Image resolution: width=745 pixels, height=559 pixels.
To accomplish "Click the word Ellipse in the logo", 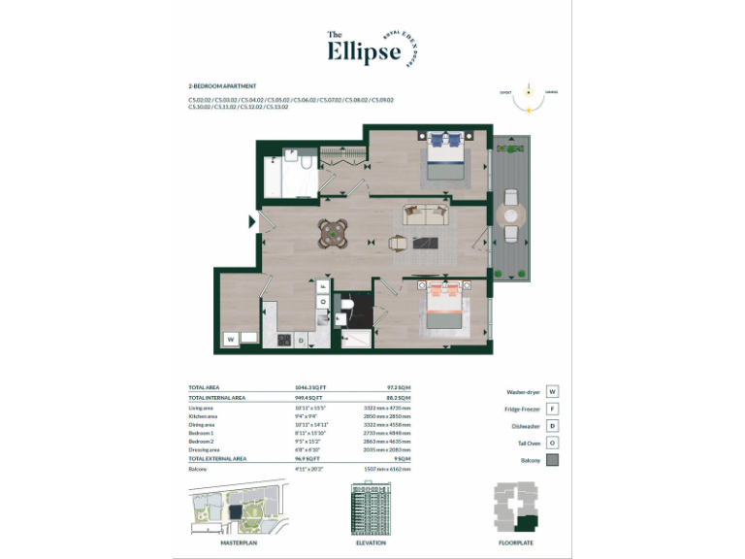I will tap(363, 50).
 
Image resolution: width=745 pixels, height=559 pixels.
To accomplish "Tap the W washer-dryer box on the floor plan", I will tap(231, 339).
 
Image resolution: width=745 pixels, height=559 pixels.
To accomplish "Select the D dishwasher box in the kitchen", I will tap(302, 340).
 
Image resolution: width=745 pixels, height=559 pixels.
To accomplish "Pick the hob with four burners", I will tap(283, 340).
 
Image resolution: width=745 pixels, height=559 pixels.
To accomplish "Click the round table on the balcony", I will tap(510, 216).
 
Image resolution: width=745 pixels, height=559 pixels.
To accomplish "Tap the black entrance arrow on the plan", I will tap(253, 222).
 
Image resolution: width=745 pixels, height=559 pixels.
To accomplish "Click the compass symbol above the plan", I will tap(529, 92).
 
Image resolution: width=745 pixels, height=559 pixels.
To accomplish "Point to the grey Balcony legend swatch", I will tap(552, 460).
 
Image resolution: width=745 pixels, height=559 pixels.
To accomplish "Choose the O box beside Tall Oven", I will tap(552, 444).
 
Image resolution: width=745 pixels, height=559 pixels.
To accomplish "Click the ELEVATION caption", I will tap(370, 543).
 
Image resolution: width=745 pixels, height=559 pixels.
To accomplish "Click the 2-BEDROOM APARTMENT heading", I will tap(222, 86).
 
